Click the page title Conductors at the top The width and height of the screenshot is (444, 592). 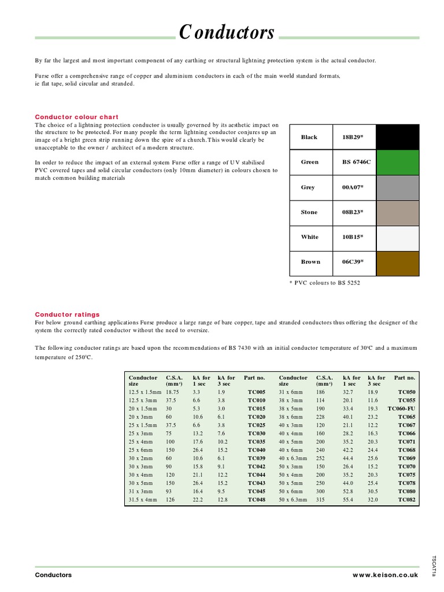point(227,33)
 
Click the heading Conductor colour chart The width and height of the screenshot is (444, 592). point(77,117)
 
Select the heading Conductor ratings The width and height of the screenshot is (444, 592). point(67,314)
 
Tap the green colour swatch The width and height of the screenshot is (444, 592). point(397,162)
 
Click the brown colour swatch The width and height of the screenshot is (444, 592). point(397,262)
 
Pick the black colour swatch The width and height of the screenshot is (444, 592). point(397,137)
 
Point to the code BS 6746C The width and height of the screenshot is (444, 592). point(352,162)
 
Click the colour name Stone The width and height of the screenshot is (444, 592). point(309,212)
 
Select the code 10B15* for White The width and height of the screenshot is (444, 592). point(349,237)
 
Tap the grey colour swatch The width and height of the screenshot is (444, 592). point(397,187)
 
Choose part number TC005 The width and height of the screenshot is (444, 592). point(257,392)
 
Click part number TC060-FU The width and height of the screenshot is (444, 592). point(402,408)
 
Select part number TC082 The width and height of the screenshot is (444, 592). point(406,499)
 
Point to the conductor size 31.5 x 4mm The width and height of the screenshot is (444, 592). point(143,499)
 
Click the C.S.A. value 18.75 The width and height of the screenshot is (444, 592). point(174,392)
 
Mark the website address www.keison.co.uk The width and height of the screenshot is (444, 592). point(385,575)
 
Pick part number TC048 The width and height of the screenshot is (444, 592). point(257,499)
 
